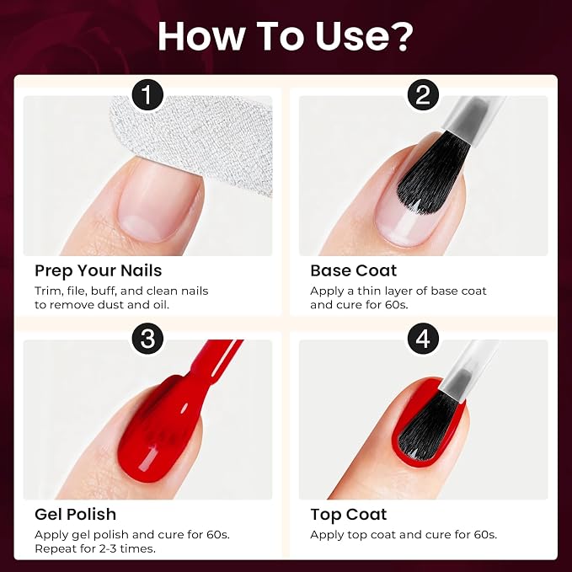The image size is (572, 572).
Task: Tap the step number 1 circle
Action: coord(147,95)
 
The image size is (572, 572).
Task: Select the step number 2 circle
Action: coord(423,95)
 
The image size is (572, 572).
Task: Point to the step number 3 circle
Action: coord(147,339)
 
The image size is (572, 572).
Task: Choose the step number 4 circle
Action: coord(423,339)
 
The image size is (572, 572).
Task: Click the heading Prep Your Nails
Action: coord(98,271)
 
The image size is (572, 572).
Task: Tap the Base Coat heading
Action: coord(353,270)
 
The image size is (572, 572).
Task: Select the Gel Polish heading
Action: coord(75,515)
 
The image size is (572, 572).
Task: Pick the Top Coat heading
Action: coord(349,515)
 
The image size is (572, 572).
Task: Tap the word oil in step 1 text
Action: coord(160,305)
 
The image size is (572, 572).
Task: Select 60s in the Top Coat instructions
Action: coord(485,535)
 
